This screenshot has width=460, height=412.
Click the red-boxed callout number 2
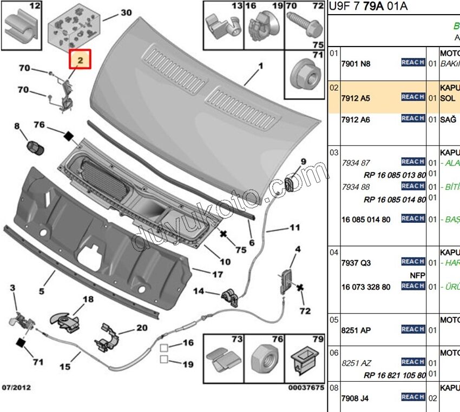[80, 61]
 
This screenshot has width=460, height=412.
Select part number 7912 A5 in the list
[356, 98]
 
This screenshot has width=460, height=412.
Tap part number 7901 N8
[356, 63]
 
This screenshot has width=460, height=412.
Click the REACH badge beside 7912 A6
[413, 118]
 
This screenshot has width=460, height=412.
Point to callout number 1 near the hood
[260, 67]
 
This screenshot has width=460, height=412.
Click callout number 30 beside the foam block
[126, 12]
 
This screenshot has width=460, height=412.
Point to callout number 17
[217, 275]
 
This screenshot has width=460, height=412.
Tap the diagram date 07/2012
[16, 388]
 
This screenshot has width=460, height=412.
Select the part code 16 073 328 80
[365, 287]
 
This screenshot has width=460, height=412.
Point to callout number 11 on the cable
[294, 228]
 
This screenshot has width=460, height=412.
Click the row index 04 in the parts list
[334, 252]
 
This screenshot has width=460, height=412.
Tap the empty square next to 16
[163, 346]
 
